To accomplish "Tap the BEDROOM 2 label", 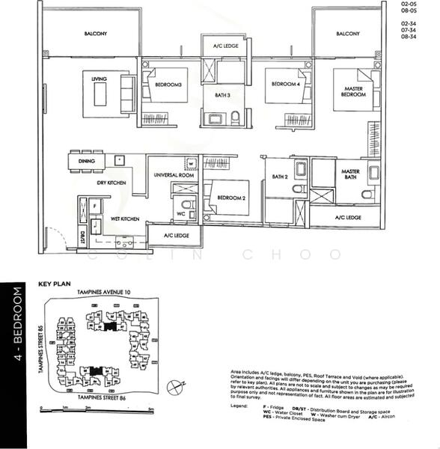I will coord(230,198).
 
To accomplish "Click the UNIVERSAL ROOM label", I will coord(174,174).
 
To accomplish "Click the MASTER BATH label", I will coord(350,174).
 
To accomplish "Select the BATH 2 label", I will coord(280,177).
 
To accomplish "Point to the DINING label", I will coord(86,161).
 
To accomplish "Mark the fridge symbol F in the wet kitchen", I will coord(94,204).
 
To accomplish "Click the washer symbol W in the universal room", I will coord(191,163).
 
